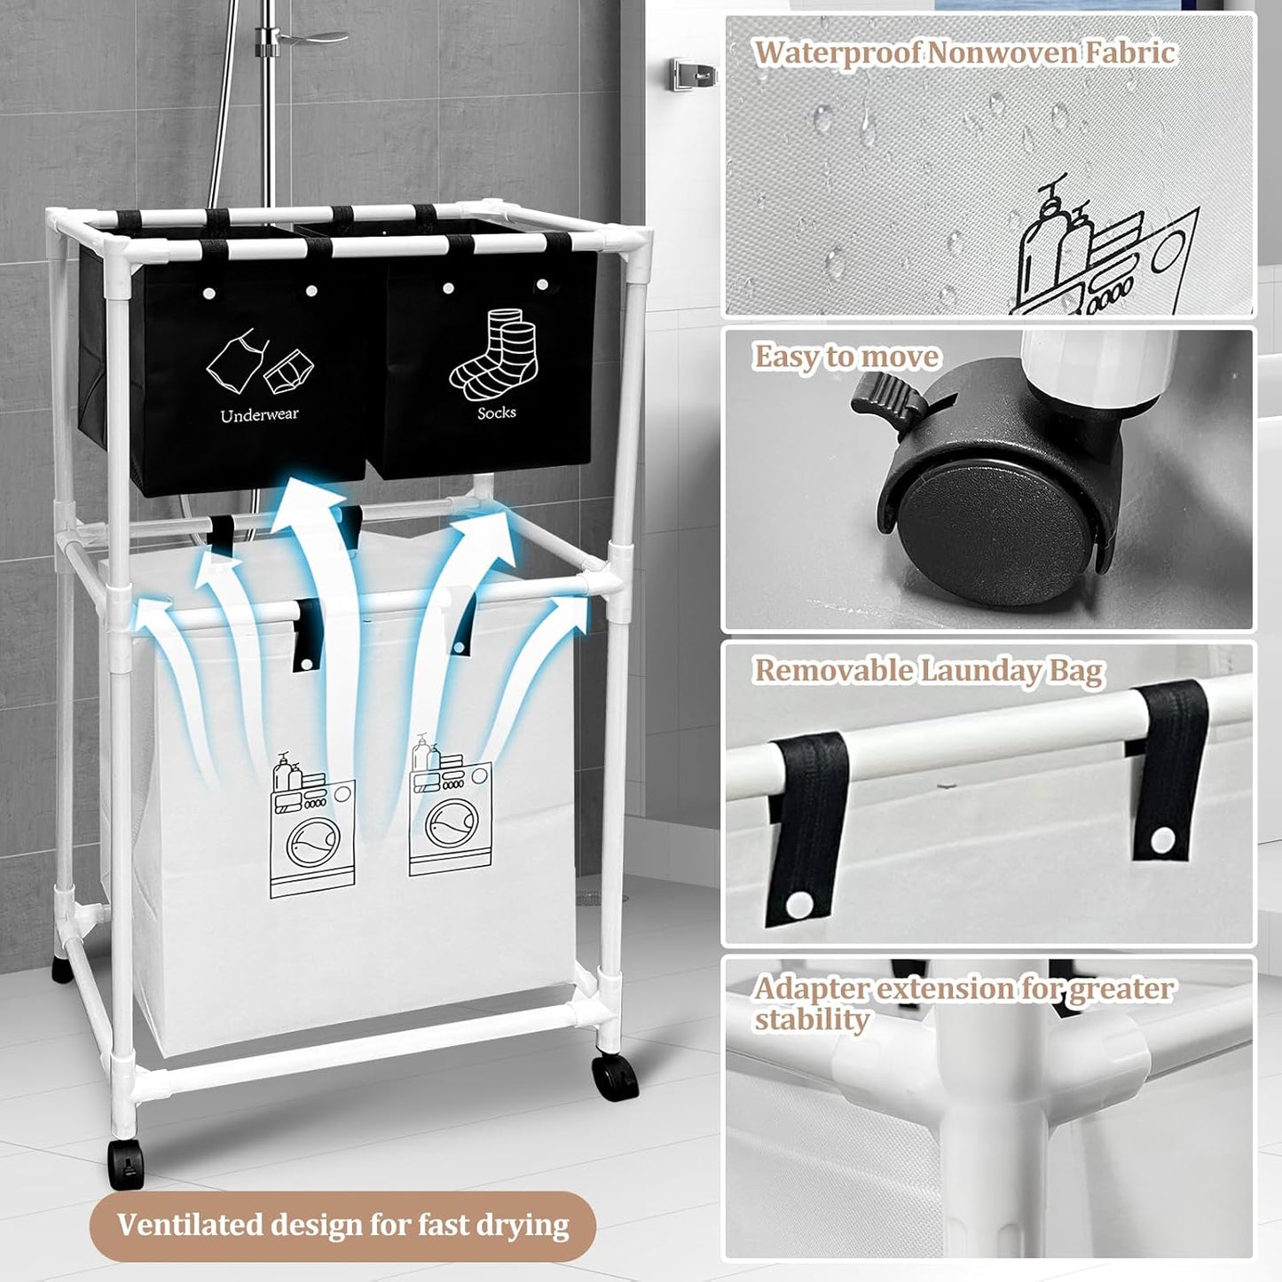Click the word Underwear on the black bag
(259, 414)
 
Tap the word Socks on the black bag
(496, 413)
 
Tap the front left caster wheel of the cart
(123, 1162)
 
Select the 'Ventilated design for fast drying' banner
(342, 1225)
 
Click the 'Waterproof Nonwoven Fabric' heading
(964, 52)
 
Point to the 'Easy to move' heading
(846, 357)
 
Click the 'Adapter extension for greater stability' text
(963, 1003)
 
